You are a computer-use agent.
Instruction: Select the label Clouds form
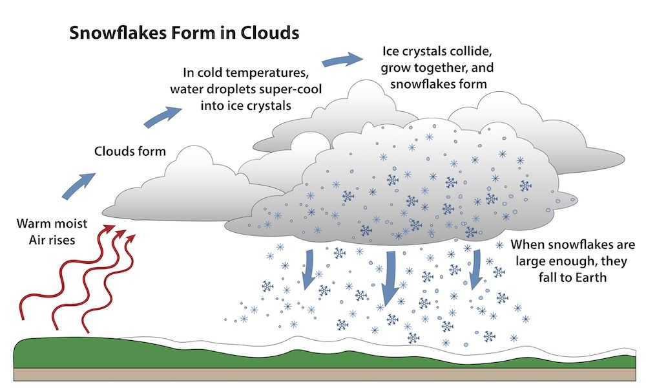pyautogui.click(x=130, y=151)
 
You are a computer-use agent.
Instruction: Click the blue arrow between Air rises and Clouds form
pyautogui.click(x=78, y=185)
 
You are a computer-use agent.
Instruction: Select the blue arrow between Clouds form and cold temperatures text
pyautogui.click(x=163, y=116)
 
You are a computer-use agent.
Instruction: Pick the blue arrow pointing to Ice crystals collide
pyautogui.click(x=340, y=60)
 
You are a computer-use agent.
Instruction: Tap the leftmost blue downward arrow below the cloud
pyautogui.click(x=309, y=268)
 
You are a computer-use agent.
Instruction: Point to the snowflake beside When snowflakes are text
pyautogui.click(x=501, y=246)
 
